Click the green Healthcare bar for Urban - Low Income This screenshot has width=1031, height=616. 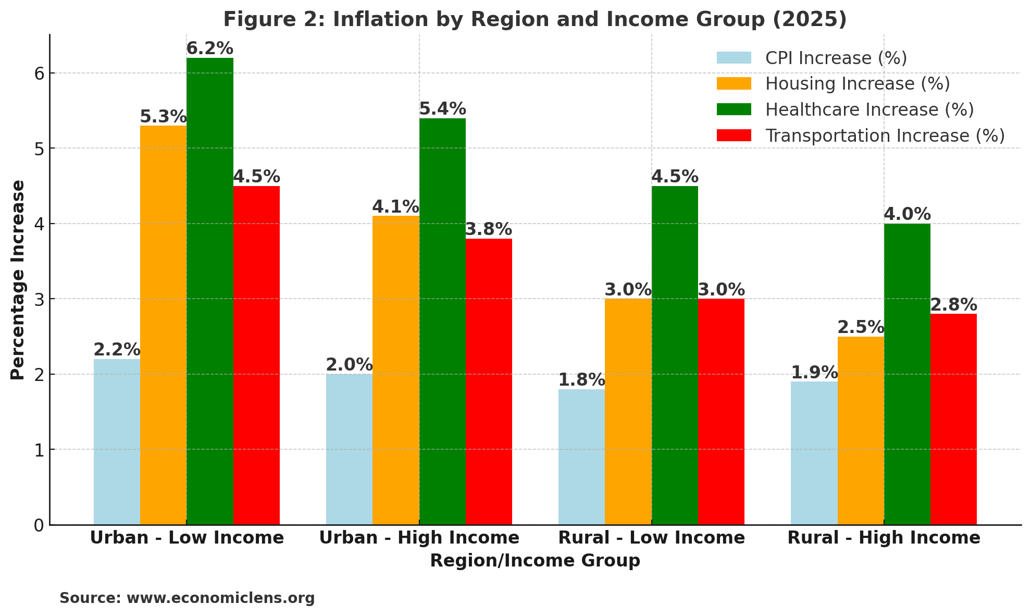click(210, 292)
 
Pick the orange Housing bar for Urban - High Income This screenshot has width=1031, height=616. click(396, 370)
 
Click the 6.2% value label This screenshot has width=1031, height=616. click(210, 48)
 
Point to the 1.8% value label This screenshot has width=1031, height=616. click(581, 380)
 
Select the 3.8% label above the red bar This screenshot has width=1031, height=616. click(489, 229)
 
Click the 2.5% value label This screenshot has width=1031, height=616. click(861, 327)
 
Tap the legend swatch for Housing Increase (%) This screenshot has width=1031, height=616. click(734, 83)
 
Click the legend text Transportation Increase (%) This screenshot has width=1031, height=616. click(885, 135)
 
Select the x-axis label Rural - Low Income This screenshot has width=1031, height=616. click(651, 538)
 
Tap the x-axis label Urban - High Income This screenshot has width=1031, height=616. click(419, 538)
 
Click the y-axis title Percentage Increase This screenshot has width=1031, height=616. click(18, 280)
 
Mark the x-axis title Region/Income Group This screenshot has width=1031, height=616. click(535, 561)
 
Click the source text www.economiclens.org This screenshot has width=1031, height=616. click(220, 598)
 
